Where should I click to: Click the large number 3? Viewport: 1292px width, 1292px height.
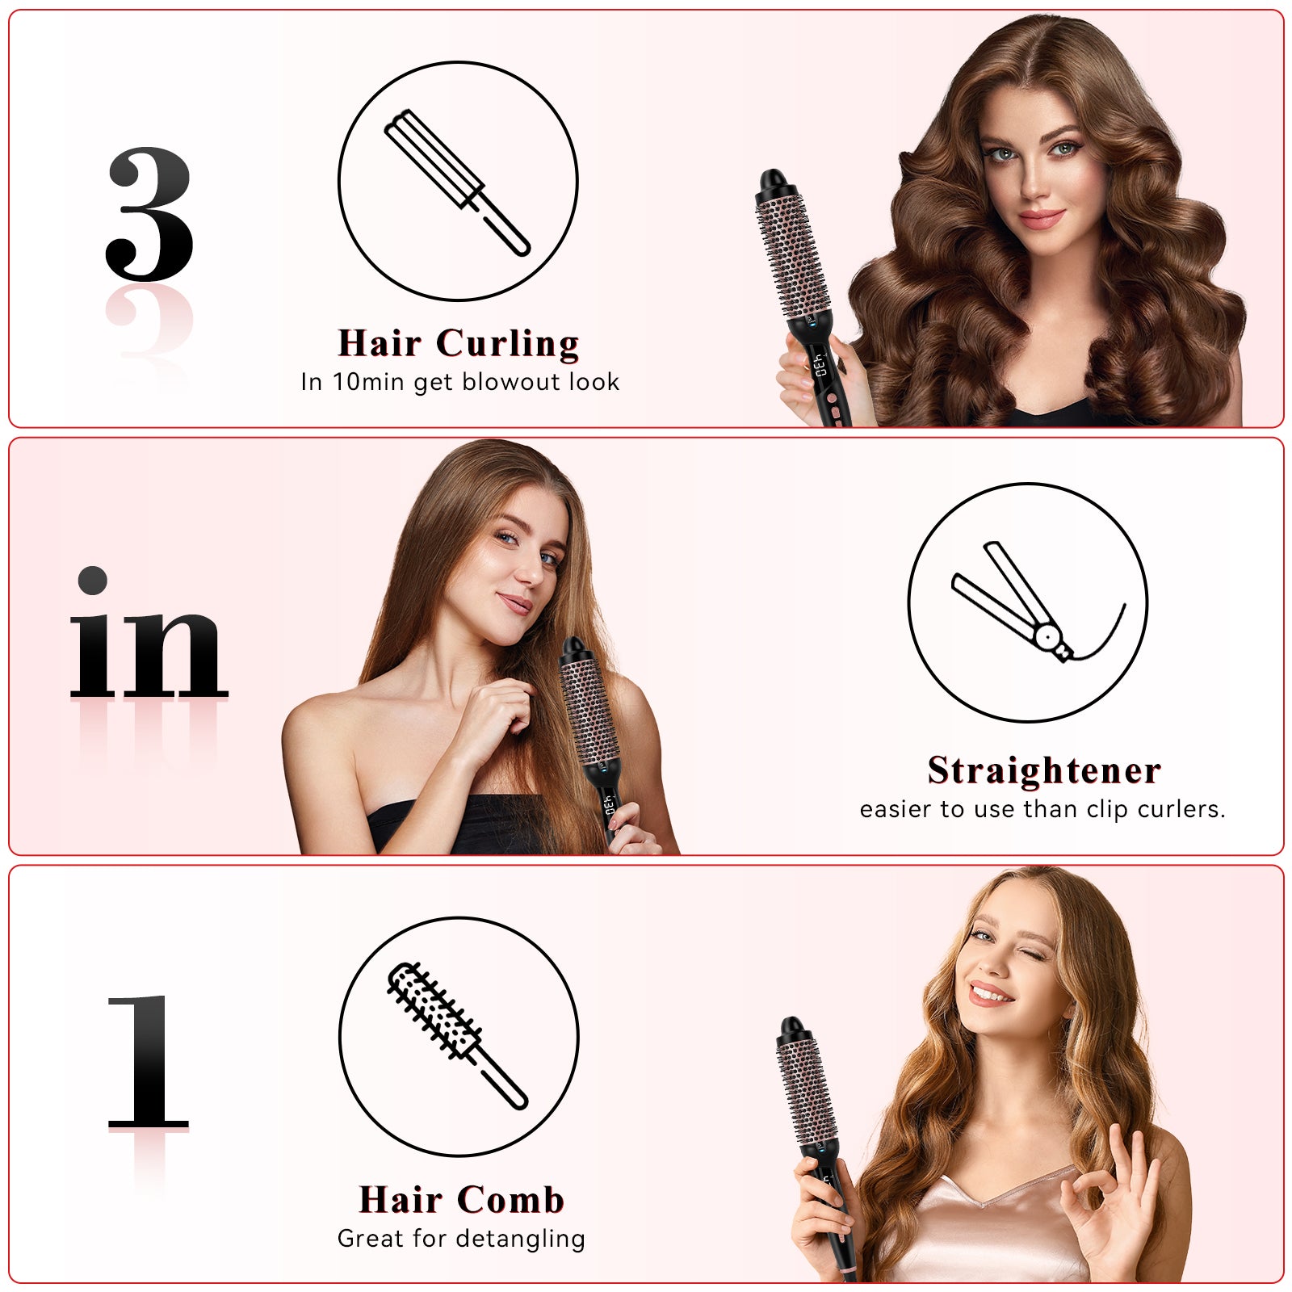click(149, 214)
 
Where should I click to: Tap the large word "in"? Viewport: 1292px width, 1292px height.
click(148, 638)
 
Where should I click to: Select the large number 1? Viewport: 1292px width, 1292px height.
click(149, 1062)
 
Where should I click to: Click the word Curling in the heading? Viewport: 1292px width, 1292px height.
click(507, 343)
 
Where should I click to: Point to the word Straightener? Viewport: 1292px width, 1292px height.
click(1043, 770)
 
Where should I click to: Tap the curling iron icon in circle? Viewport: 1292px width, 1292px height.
click(457, 182)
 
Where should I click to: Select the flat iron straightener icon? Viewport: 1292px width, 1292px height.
click(1026, 602)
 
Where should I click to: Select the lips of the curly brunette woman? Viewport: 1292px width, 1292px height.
click(1041, 218)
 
